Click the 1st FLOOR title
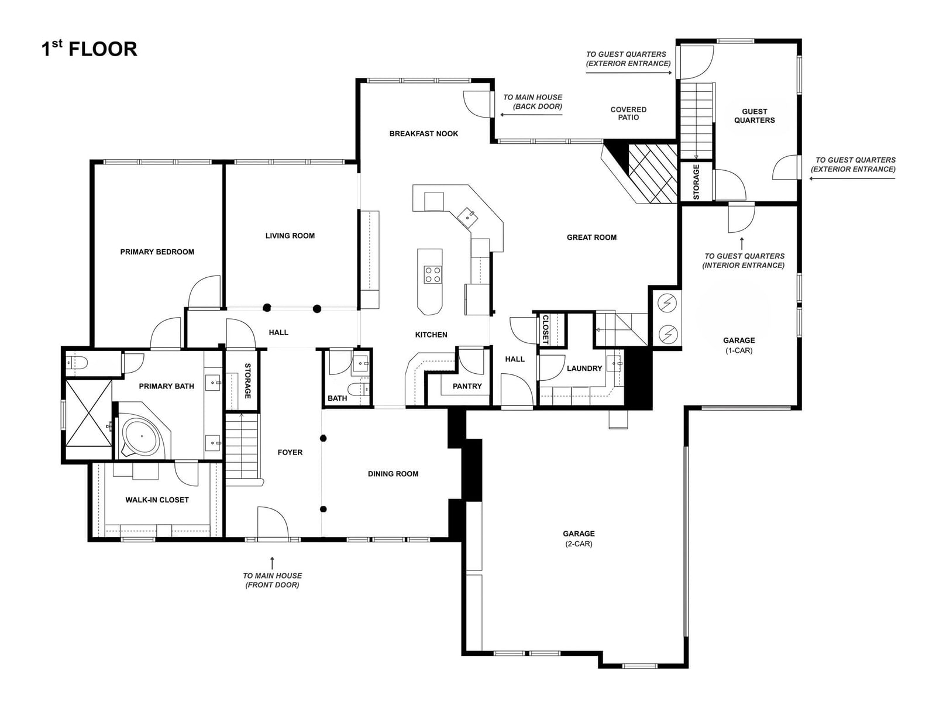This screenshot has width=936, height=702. [x=89, y=49]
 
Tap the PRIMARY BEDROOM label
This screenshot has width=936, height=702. [x=157, y=252]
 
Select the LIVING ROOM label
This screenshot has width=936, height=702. [x=290, y=236]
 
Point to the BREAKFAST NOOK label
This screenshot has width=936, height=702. [x=424, y=133]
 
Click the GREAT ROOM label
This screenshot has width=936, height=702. [x=591, y=238]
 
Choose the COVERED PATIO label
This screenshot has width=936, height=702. [x=628, y=113]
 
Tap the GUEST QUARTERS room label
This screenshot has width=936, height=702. [x=754, y=116]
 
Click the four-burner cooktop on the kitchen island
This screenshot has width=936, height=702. [x=432, y=274]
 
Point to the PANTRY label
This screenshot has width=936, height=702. [x=467, y=386]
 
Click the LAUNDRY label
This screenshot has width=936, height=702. [x=584, y=369]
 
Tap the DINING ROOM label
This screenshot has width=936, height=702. [x=393, y=473]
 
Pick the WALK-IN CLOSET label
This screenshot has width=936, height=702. [x=157, y=500]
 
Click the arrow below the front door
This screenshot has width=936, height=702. [x=272, y=562]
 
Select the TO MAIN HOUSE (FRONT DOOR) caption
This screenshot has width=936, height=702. [x=272, y=580]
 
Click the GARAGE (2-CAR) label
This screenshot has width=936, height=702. [x=579, y=538]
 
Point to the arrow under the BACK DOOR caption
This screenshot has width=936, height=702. [x=531, y=115]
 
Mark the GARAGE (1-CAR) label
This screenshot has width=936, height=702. [x=739, y=345]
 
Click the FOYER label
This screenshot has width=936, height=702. [x=290, y=452]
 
